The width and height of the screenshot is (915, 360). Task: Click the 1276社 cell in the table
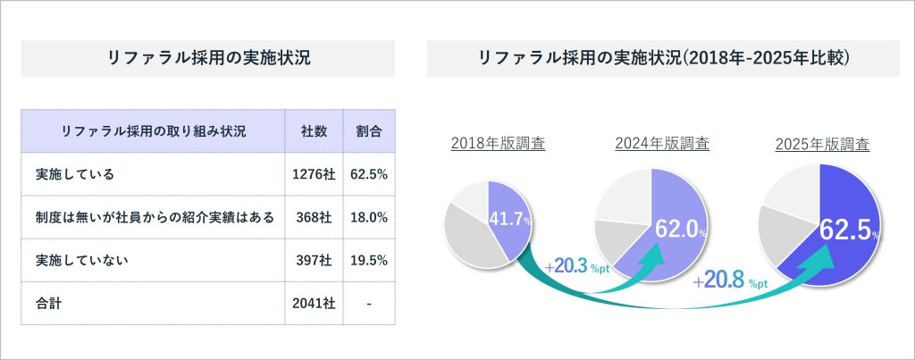[x=314, y=174]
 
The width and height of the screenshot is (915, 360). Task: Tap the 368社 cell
[x=314, y=217]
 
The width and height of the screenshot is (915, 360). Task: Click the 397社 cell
[x=314, y=260]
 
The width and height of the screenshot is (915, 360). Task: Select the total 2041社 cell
[x=314, y=304]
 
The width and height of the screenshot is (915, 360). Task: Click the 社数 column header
[x=314, y=131]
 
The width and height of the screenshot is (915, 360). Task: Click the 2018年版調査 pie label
[x=498, y=143]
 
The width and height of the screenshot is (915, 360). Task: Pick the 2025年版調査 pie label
[x=822, y=144]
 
